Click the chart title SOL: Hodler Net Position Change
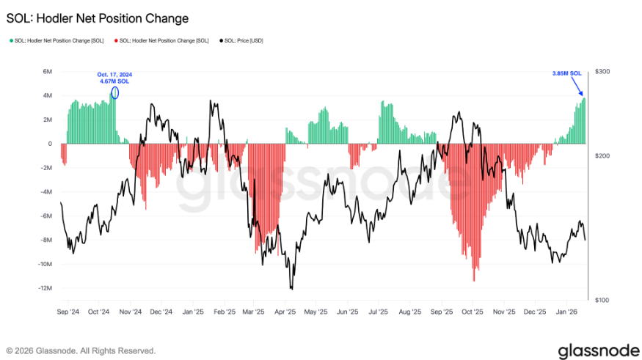[98, 18]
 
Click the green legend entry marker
[11, 40]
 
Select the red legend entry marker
[115, 40]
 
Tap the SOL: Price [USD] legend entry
[243, 40]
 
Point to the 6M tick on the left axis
[47, 71]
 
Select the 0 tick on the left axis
[50, 144]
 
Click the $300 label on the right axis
[602, 71]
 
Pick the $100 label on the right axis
[602, 300]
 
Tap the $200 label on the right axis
[602, 156]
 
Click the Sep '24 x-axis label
[68, 311]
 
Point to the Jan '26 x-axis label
[566, 311]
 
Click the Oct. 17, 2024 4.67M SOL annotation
[114, 78]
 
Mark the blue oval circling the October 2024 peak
[114, 92]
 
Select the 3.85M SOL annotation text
[566, 73]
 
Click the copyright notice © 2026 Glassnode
[81, 350]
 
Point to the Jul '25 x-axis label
[379, 311]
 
